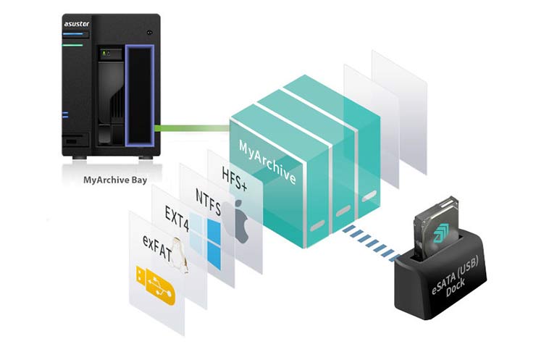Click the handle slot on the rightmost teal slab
(368, 196)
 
